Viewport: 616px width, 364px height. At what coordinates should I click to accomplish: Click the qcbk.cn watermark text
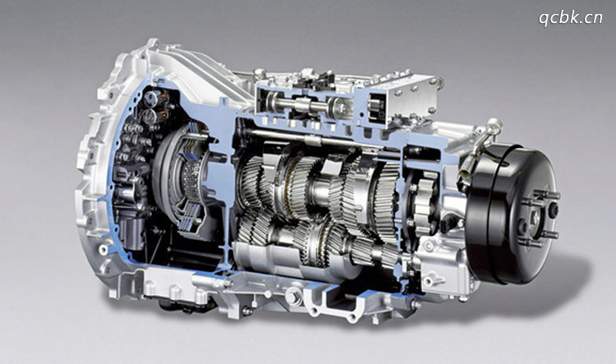(571, 18)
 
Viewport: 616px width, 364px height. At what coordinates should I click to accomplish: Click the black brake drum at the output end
(511, 214)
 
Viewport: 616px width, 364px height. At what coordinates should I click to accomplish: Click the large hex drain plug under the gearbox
(292, 296)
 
